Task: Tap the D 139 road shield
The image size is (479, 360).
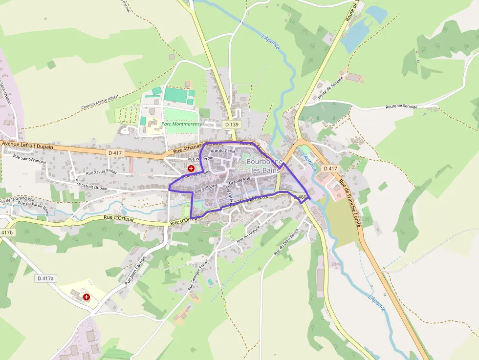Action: (232, 125)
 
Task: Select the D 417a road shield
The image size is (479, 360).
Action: (45, 278)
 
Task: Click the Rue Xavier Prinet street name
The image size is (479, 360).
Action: (102, 172)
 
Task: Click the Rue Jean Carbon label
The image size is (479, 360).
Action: (135, 270)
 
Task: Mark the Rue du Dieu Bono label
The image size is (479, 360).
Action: (285, 242)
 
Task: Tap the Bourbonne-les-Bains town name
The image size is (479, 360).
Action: (264, 166)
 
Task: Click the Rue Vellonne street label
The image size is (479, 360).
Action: (205, 189)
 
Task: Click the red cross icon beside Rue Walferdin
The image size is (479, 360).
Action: (191, 168)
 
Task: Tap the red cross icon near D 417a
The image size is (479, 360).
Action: (87, 296)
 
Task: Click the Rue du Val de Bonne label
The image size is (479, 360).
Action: (33, 205)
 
